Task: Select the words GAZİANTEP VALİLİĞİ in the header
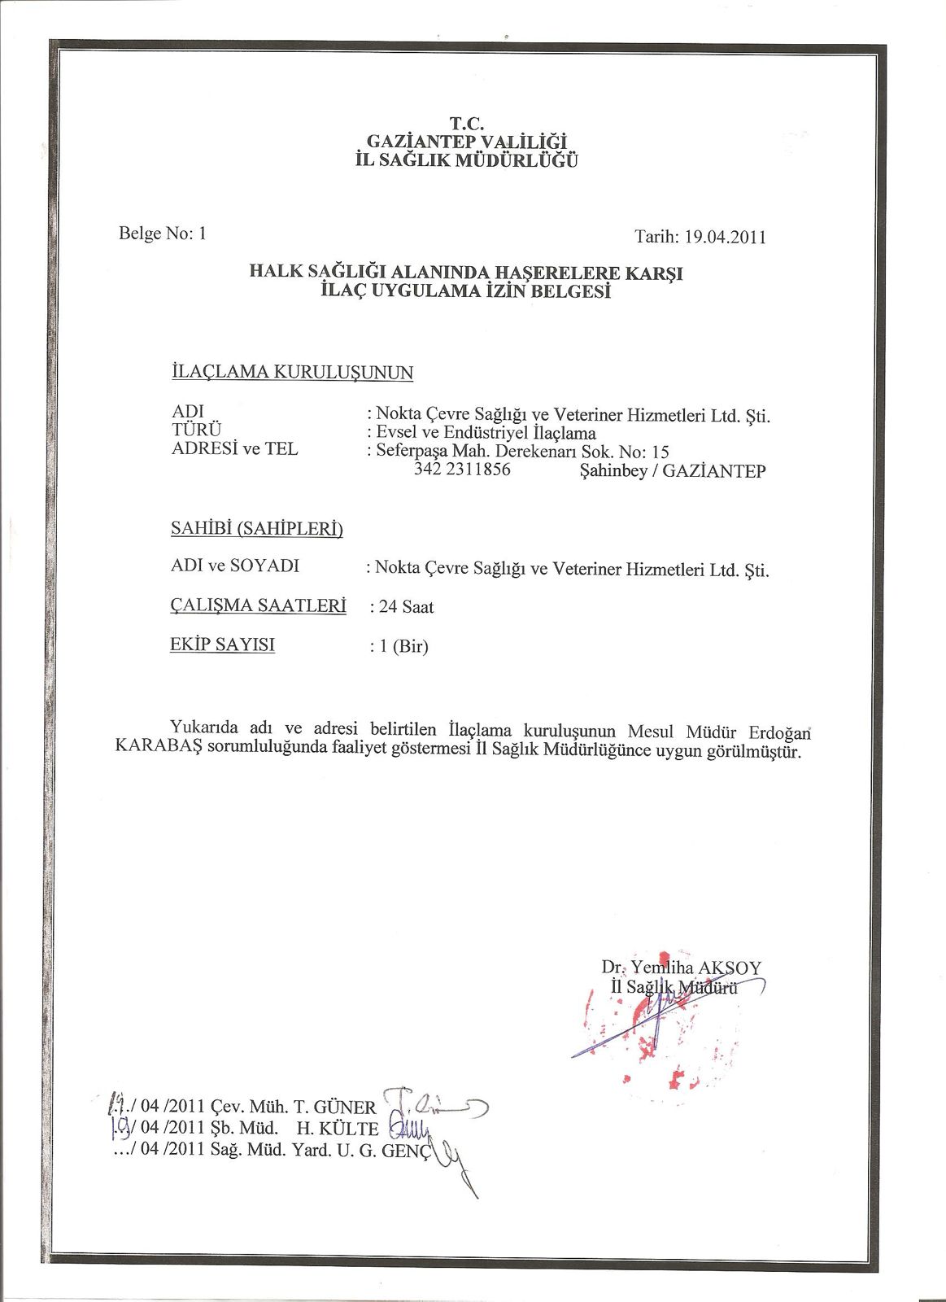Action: click(467, 142)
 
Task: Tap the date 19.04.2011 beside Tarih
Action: click(724, 238)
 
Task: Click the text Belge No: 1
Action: click(163, 234)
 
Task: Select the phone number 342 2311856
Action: click(462, 470)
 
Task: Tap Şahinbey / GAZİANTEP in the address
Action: click(672, 471)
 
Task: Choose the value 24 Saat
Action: click(402, 607)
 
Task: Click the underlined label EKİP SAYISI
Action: click(222, 644)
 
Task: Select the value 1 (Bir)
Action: click(399, 648)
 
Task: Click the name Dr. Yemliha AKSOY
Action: click(682, 968)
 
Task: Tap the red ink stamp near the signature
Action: click(651, 1025)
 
